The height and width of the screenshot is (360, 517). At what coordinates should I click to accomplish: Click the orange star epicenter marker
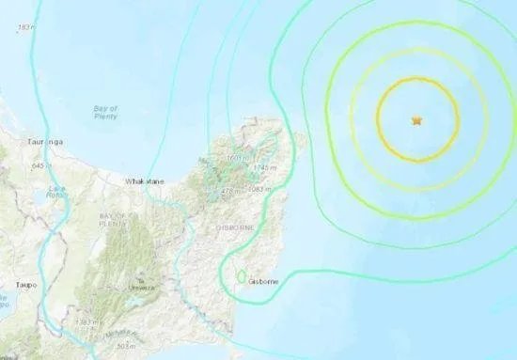coord(415,120)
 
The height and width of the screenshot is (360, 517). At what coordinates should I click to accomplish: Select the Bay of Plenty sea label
coord(105,113)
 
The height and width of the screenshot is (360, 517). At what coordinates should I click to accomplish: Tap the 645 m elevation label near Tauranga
coord(39,165)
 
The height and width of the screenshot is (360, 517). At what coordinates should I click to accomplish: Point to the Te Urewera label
coord(142,284)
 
